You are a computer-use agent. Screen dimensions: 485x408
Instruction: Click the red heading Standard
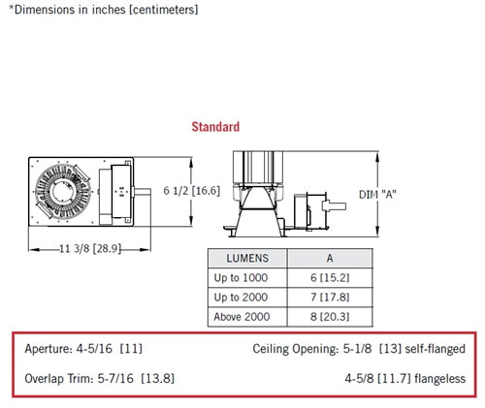(x=215, y=127)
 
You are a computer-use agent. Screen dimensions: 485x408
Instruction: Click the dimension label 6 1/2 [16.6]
(x=191, y=191)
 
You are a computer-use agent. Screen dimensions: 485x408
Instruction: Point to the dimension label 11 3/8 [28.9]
(x=90, y=248)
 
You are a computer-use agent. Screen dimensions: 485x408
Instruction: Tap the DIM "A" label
(x=377, y=195)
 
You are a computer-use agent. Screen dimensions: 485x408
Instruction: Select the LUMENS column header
(x=247, y=258)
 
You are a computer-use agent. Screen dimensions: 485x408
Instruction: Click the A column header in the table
(x=330, y=258)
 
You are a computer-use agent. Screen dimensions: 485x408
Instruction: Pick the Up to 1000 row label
(x=241, y=278)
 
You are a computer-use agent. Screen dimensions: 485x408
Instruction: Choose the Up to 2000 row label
(x=241, y=298)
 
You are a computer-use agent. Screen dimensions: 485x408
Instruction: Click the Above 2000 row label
(x=242, y=317)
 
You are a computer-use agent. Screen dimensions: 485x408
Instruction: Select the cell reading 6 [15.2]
(x=330, y=278)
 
